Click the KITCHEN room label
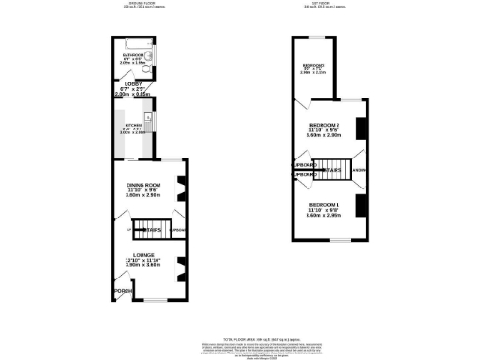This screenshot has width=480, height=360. (131, 125)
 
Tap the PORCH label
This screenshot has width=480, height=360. (122, 290)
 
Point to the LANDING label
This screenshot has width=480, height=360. (359, 170)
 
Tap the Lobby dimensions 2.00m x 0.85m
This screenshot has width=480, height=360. (132, 95)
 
